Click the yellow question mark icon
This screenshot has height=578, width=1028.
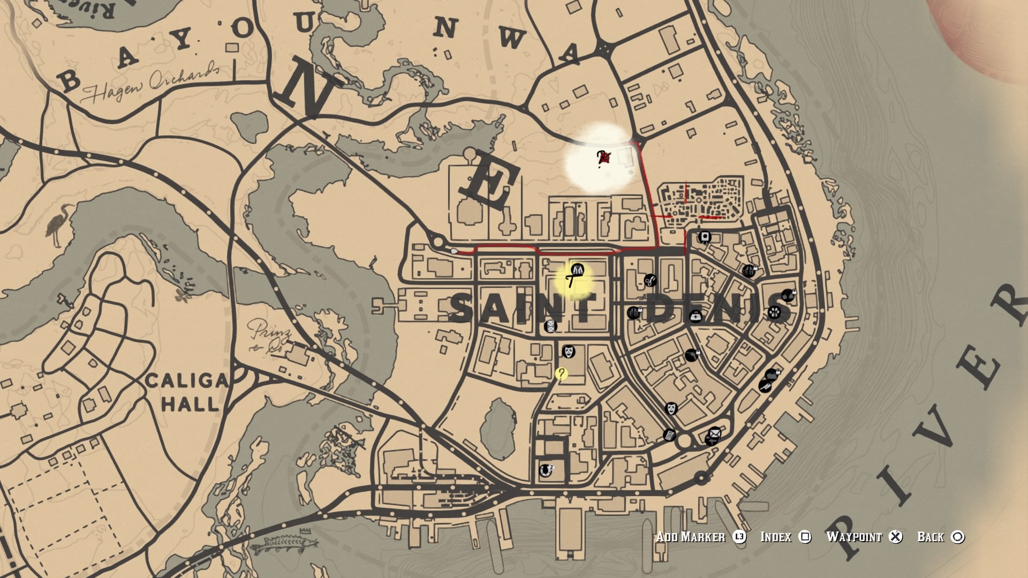[x=561, y=374]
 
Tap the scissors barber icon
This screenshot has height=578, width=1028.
[x=650, y=280]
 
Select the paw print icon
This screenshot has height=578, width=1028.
[x=774, y=312]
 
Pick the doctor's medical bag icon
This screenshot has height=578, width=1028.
[x=695, y=316]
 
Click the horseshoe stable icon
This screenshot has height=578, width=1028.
[x=545, y=470]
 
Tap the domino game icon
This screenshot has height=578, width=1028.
[x=550, y=326]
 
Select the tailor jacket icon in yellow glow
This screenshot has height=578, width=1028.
[x=577, y=270]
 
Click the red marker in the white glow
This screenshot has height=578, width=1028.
[x=603, y=157]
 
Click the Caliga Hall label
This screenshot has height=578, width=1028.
[x=187, y=392]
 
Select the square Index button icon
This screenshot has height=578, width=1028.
[x=804, y=537]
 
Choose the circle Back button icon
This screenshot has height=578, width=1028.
[x=958, y=537]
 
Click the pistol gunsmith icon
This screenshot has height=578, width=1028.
[x=691, y=354]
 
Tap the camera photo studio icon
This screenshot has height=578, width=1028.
[x=705, y=237]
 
